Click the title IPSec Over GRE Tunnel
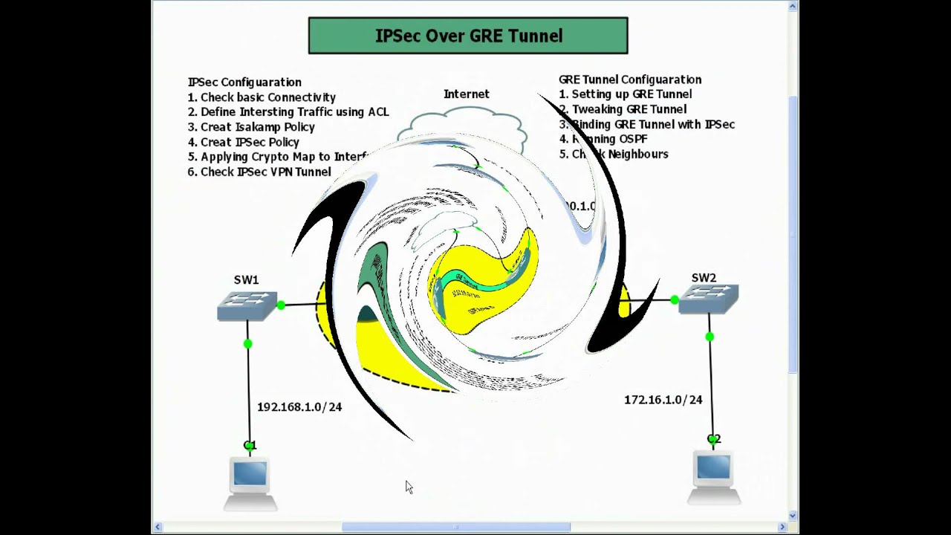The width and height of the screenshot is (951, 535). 468,36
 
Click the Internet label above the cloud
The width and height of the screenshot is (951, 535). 466,94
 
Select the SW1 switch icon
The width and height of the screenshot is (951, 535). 247,305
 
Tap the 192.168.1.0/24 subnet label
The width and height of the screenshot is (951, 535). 299,407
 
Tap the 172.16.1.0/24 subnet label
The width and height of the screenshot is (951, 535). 663,400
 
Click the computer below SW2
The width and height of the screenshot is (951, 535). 713,476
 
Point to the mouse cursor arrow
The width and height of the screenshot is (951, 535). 409,487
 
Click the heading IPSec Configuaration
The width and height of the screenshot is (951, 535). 244,82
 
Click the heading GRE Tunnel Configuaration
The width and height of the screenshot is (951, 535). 630,80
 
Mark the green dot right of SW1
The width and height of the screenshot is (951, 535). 281,305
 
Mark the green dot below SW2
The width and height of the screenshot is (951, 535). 710,337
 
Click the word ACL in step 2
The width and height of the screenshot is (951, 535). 378,112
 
